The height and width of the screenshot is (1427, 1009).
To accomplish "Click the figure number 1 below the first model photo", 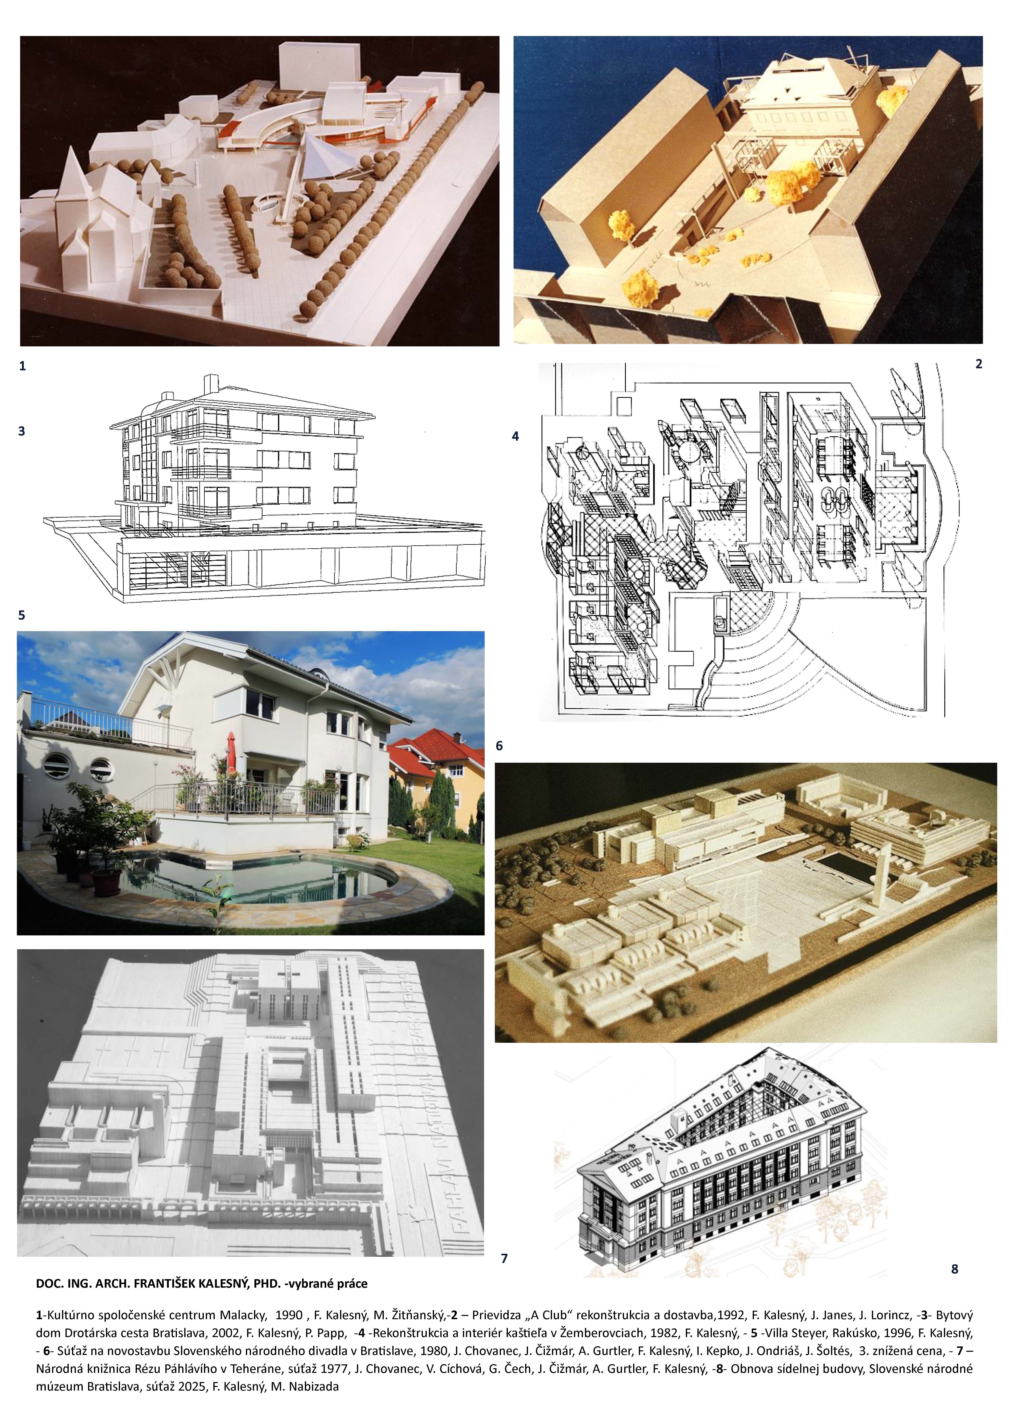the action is click(22, 366).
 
